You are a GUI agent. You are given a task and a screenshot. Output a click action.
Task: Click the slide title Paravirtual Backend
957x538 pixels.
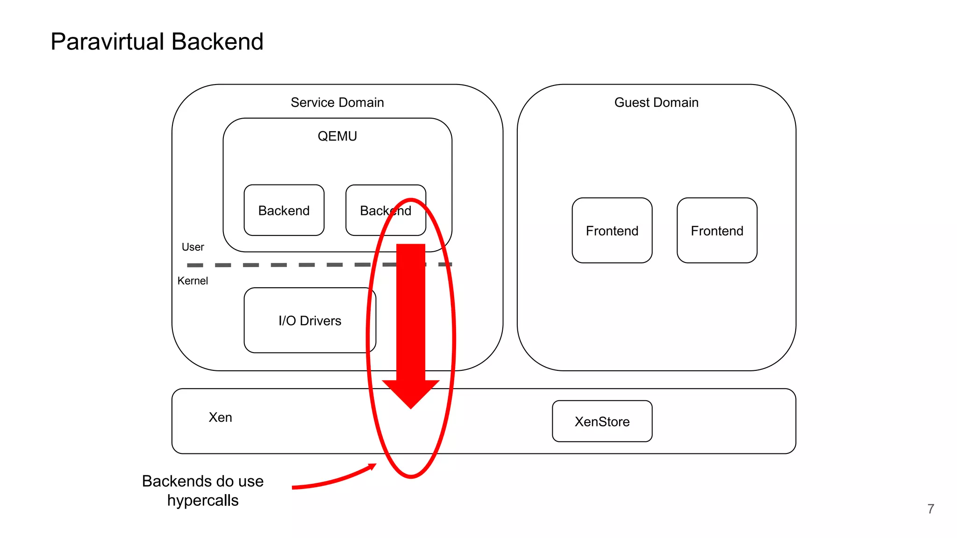click(157, 42)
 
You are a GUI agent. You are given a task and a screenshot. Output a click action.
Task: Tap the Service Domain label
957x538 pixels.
click(337, 102)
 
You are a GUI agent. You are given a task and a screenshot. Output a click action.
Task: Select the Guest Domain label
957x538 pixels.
click(656, 102)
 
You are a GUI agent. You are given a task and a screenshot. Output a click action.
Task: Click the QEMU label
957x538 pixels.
click(337, 136)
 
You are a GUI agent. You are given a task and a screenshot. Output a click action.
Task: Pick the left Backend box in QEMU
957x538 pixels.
click(284, 211)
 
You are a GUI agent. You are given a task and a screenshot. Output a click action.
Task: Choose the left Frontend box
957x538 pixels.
click(612, 231)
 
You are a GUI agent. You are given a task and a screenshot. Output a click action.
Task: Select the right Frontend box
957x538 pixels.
click(717, 231)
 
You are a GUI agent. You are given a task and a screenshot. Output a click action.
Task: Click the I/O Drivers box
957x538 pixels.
click(309, 321)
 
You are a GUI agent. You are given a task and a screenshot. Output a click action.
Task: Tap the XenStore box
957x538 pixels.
click(602, 421)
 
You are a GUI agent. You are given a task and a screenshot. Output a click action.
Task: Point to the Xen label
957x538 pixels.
click(220, 417)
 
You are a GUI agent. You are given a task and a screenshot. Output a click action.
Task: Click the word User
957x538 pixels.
click(193, 247)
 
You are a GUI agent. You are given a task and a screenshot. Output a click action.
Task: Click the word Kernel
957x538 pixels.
click(193, 281)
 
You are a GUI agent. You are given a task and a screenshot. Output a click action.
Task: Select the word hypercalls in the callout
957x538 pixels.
click(203, 500)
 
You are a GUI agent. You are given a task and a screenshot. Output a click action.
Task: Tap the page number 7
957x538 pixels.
click(930, 509)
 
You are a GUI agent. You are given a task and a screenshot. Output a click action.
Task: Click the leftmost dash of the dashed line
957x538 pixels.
click(195, 265)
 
